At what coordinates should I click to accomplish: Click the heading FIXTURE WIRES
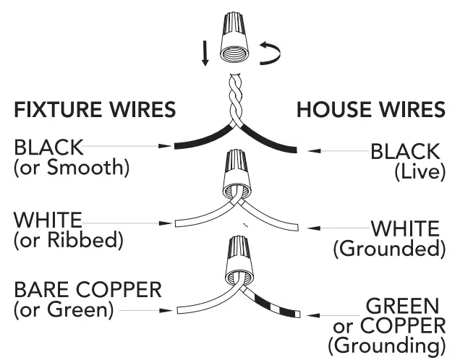click(x=95, y=110)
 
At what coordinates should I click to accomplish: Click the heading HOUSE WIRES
click(x=370, y=110)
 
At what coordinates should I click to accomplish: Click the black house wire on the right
click(x=276, y=142)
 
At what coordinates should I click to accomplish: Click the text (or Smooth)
click(x=71, y=168)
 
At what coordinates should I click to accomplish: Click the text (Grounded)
click(x=388, y=249)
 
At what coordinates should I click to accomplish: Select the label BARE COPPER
click(x=88, y=291)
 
